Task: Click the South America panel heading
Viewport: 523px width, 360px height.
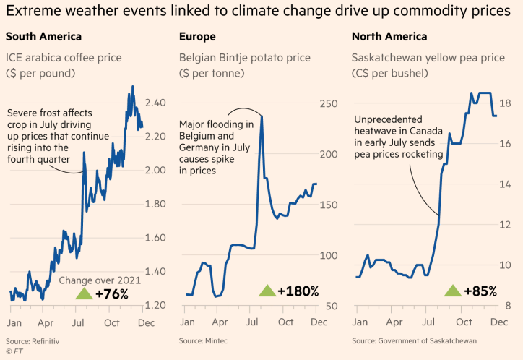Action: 43,36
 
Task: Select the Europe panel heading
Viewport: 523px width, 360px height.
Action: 196,36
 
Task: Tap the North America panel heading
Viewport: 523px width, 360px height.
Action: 389,36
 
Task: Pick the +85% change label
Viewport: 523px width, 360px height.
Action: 480,291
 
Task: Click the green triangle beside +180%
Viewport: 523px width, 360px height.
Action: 267,291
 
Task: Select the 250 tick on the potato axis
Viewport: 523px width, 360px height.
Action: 329,104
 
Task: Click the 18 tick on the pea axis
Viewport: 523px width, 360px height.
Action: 506,103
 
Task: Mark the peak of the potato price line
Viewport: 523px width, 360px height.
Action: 261,116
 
